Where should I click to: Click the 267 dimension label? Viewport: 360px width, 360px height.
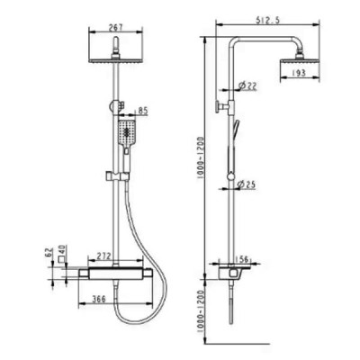[115, 27]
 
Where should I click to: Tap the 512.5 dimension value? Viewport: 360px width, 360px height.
[267, 21]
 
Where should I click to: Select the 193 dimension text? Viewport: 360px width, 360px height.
[298, 73]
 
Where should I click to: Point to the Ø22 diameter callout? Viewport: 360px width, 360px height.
[247, 86]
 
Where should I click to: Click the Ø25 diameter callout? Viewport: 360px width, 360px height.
[246, 184]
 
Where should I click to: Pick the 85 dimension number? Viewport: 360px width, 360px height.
[143, 111]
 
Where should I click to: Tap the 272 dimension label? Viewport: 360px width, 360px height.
[103, 256]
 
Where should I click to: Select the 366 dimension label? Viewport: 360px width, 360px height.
[99, 299]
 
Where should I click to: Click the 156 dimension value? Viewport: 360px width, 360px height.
[242, 259]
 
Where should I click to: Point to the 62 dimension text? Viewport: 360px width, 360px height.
[49, 253]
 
